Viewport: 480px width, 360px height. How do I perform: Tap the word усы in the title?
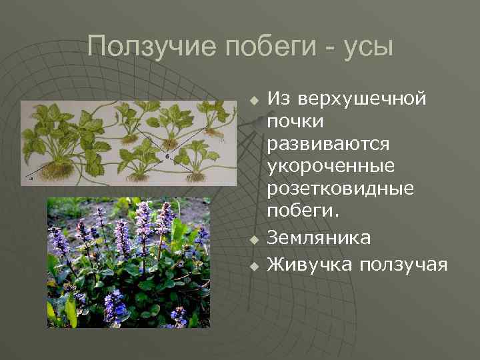(369, 47)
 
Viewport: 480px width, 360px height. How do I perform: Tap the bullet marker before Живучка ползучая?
(253, 266)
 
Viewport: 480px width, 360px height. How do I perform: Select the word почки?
(295, 122)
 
